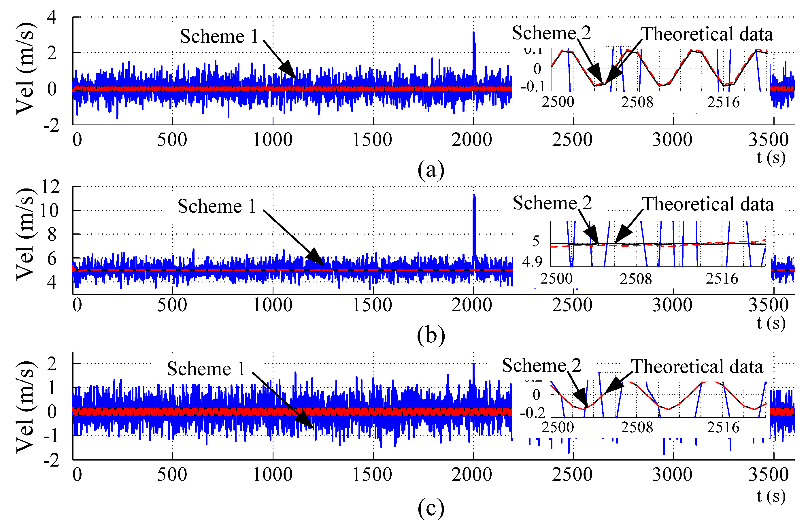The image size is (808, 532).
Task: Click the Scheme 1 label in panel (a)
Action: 219,36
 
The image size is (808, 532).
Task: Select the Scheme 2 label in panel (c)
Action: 541,366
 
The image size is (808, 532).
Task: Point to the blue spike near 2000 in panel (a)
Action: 474,54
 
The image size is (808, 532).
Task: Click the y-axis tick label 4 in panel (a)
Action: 52,17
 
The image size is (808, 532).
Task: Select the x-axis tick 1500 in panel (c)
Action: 372,475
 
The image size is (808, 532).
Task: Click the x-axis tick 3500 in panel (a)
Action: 768,140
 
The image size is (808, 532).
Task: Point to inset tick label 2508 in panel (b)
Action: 635,279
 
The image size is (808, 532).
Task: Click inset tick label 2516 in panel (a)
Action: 723,102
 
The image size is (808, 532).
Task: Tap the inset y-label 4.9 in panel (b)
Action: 532,262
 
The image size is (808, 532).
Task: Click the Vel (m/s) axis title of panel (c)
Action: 25,407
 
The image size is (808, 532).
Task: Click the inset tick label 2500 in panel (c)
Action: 558,427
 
